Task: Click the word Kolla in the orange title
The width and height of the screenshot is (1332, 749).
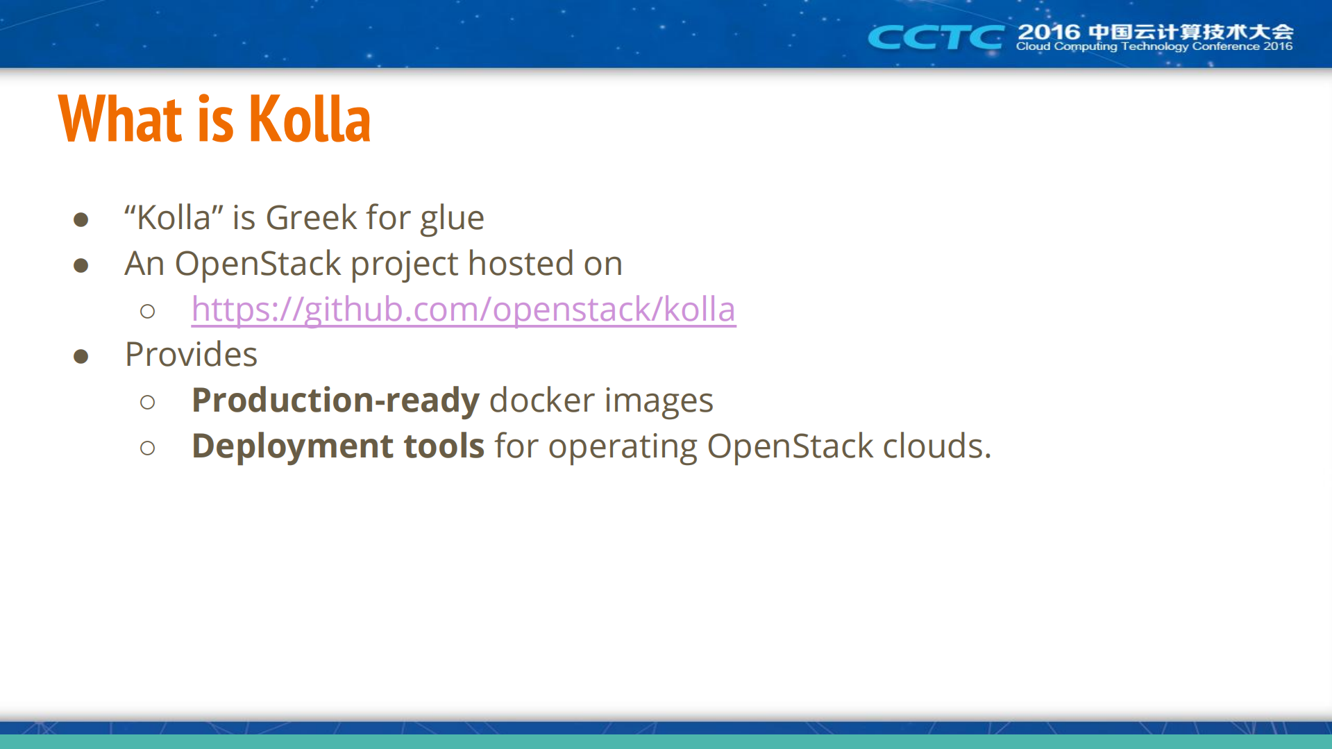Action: coord(309,119)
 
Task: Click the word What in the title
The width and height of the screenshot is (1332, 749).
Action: coord(120,119)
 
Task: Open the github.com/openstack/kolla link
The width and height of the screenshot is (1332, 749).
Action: coord(463,310)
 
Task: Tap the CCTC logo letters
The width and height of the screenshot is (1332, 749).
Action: coord(935,37)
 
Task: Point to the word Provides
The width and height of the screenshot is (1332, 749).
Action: coord(191,355)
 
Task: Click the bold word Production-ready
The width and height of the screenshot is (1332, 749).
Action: coord(335,401)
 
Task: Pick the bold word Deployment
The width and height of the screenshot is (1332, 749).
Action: coord(292,446)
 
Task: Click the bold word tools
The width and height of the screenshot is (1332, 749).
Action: coord(444,446)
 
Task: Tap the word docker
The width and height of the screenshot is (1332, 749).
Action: coord(541,401)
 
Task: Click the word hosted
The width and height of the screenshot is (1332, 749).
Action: coord(521,264)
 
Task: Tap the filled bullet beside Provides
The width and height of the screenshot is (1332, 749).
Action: coord(81,357)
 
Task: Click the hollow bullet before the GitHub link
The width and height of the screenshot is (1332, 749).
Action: coord(147,311)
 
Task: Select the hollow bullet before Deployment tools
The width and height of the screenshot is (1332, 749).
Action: coord(147,448)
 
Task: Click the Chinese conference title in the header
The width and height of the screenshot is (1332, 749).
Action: coord(1190,32)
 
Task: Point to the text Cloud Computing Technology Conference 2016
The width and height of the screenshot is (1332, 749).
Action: coord(1154,47)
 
